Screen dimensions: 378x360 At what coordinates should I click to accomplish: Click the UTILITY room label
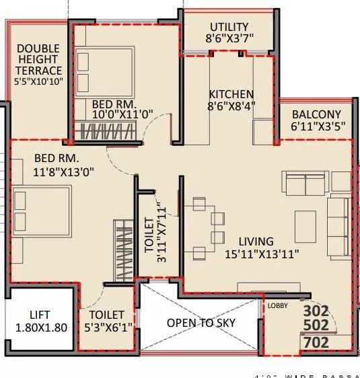[229, 27]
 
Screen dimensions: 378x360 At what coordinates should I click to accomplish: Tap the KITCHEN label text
[231, 93]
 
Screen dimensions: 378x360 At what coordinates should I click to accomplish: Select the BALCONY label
[316, 114]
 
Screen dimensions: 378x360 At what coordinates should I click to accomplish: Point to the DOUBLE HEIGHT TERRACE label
[38, 60]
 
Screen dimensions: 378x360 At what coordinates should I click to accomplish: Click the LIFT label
[39, 314]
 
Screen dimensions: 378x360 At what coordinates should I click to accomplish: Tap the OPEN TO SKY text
[201, 322]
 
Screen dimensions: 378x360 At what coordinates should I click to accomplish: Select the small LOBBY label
[277, 305]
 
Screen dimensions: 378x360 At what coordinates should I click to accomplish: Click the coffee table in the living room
[305, 222]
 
